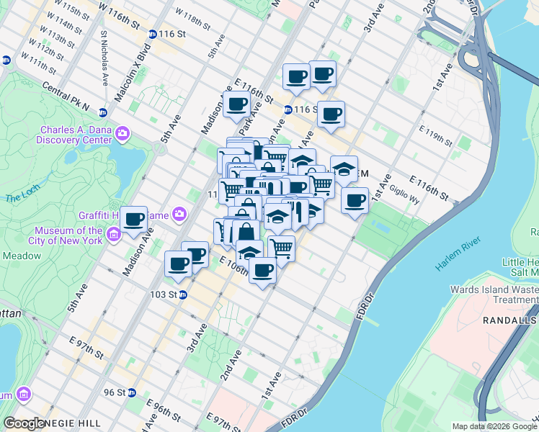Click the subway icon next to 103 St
pos(183,294)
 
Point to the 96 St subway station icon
pos(132,392)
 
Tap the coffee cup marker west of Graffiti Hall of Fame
pos(133,219)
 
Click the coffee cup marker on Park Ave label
pos(236,104)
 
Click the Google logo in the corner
pos(24,424)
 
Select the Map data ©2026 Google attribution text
pos(493,426)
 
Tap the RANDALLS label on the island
pos(512,320)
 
